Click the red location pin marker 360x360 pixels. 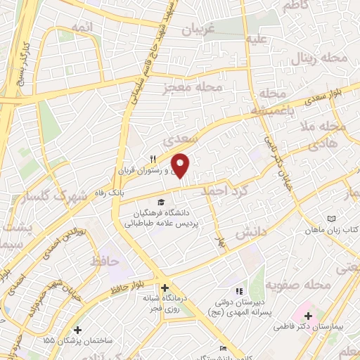tap(181, 165)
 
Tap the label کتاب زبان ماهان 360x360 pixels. tap(335, 230)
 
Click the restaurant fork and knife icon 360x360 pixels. tap(152, 158)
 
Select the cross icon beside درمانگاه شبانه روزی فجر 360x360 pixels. tap(165, 288)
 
